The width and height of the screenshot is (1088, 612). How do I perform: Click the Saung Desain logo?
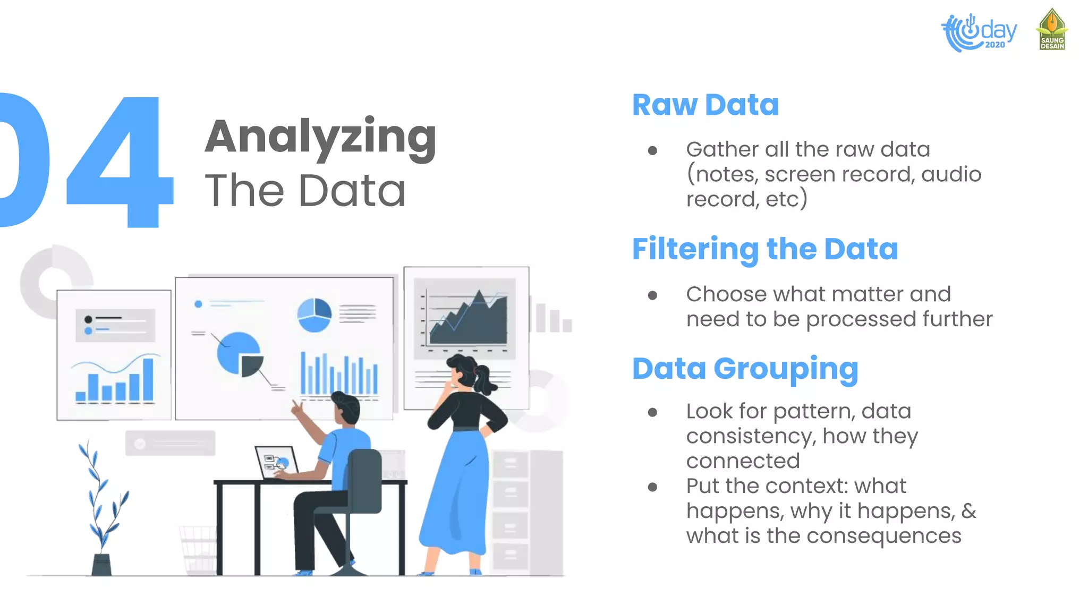click(x=1052, y=30)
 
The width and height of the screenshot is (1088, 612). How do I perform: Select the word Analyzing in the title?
click(x=320, y=137)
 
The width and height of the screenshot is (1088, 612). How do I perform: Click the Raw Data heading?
click(x=705, y=105)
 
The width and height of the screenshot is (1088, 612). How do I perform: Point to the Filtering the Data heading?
click(x=764, y=249)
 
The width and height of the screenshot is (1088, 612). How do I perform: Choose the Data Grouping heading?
click(x=745, y=369)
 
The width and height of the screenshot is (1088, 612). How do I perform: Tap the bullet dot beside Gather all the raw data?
click(x=653, y=151)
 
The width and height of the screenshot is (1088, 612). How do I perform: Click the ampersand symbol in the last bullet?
click(x=968, y=511)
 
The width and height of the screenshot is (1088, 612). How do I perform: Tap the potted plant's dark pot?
click(x=101, y=565)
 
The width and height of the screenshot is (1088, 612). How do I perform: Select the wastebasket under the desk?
click(x=199, y=550)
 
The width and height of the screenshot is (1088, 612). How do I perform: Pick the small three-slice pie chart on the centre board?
click(x=314, y=314)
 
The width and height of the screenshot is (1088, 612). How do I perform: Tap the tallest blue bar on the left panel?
click(x=148, y=379)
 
